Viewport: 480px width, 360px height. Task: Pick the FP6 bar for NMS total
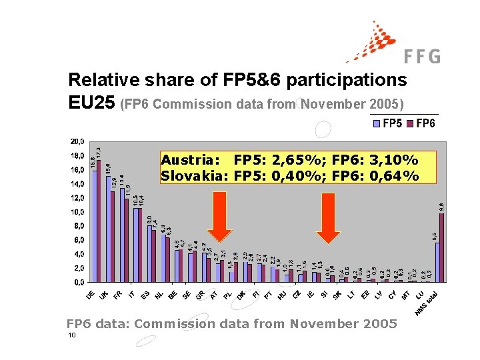click(442, 247)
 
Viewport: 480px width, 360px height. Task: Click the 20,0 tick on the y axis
click(77, 141)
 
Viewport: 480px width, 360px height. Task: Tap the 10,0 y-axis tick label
click(77, 212)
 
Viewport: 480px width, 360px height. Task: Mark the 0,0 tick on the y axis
click(79, 283)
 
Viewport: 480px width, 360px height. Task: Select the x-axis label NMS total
click(427, 303)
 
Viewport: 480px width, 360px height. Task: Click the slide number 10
click(71, 335)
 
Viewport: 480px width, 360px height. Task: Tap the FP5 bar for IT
click(135, 245)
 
